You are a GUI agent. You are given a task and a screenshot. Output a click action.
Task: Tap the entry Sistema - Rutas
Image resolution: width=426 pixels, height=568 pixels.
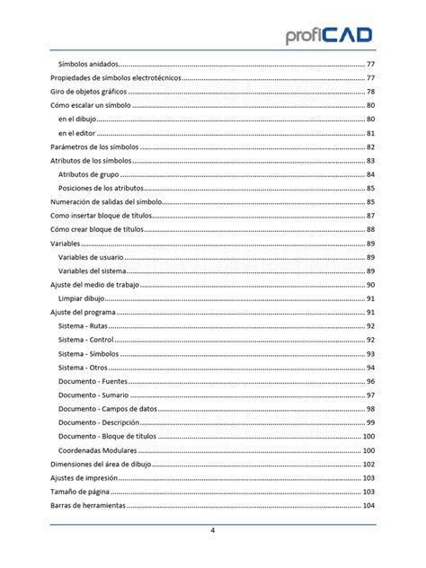pyautogui.click(x=84, y=325)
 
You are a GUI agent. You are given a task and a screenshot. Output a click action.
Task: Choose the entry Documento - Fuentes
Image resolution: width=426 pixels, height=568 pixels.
pyautogui.click(x=93, y=381)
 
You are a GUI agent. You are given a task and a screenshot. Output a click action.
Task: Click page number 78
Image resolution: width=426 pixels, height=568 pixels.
pyautogui.click(x=370, y=93)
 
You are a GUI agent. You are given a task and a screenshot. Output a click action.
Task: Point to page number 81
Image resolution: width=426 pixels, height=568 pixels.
pyautogui.click(x=370, y=133)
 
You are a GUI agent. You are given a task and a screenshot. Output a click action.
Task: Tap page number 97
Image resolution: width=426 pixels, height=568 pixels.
pyautogui.click(x=370, y=395)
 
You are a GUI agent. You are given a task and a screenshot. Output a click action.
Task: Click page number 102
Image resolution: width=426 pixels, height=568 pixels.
pyautogui.click(x=368, y=464)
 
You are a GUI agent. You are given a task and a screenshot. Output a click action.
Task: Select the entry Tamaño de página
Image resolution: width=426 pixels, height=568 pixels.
pyautogui.click(x=80, y=492)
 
